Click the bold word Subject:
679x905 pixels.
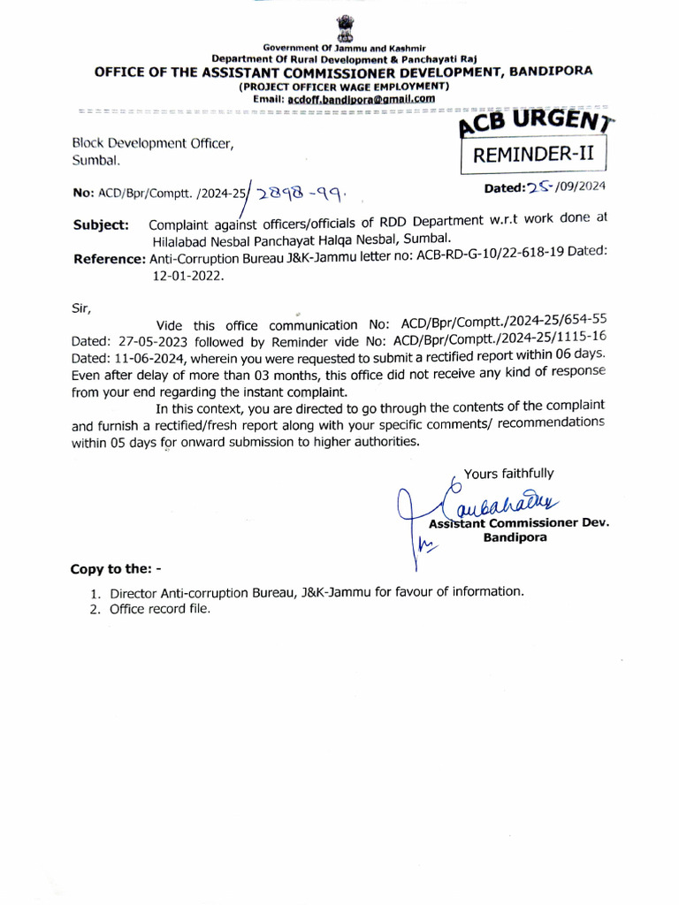[x=101, y=224]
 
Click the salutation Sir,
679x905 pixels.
[x=80, y=308]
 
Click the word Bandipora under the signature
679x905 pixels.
[x=514, y=537]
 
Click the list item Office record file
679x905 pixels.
[x=160, y=609]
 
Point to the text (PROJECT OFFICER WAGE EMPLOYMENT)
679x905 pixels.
[x=344, y=87]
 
